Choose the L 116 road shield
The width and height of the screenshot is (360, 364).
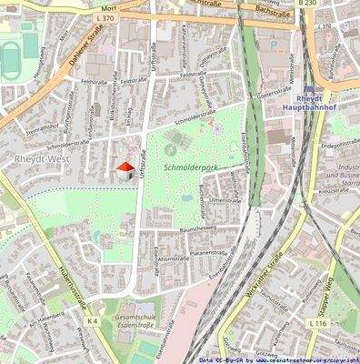[x=317, y=324]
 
